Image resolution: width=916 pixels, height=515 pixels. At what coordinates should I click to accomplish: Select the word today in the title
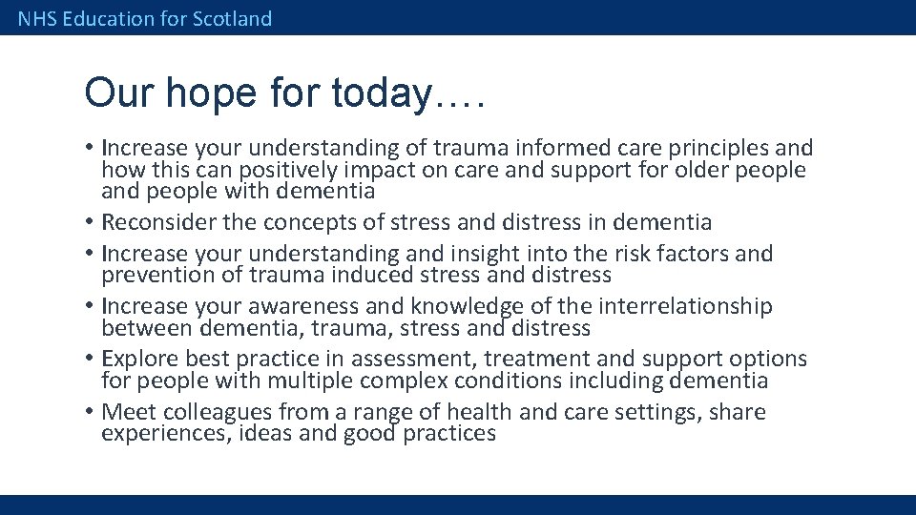click(x=382, y=93)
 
